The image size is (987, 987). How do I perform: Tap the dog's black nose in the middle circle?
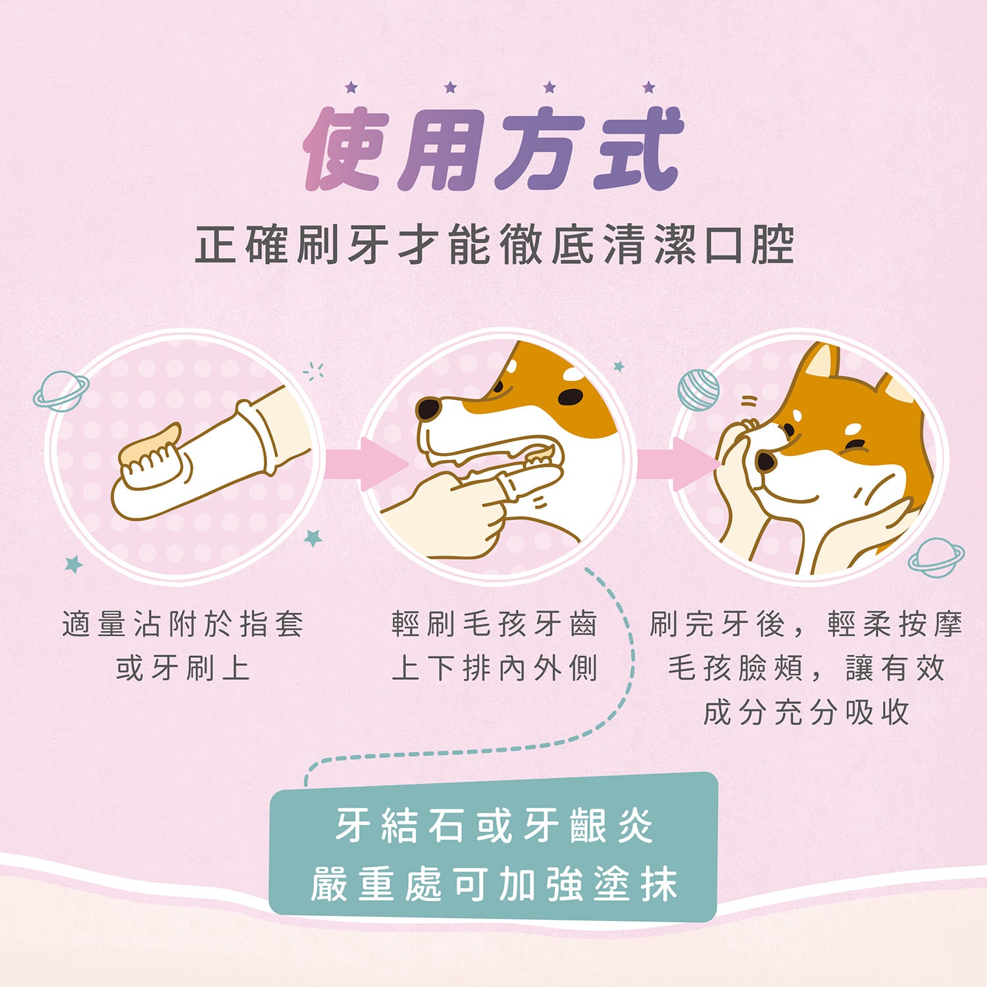click(428, 409)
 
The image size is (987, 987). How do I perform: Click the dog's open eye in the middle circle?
click(570, 397)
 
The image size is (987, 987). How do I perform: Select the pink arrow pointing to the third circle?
click(678, 464)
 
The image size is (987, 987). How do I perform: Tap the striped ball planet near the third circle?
click(698, 390)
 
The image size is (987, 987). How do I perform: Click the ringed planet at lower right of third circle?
click(936, 557)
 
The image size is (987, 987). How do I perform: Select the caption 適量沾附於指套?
click(183, 624)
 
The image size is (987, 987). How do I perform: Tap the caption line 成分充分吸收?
click(806, 713)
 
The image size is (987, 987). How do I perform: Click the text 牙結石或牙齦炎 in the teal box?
click(493, 825)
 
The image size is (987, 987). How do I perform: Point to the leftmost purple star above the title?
click(351, 87)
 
